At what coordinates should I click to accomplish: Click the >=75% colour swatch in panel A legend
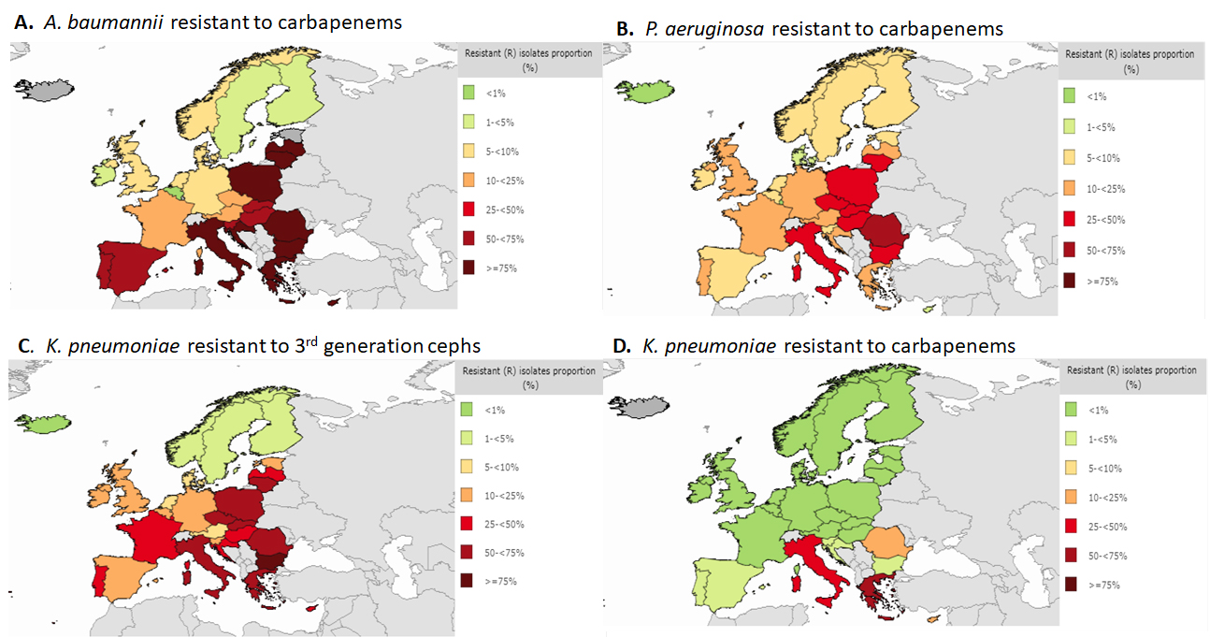tap(468, 268)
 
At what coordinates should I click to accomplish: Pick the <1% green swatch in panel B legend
tap(1073, 95)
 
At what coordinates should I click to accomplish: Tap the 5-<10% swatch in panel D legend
tap(1073, 468)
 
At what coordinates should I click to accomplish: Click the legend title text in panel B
tap(1130, 61)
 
